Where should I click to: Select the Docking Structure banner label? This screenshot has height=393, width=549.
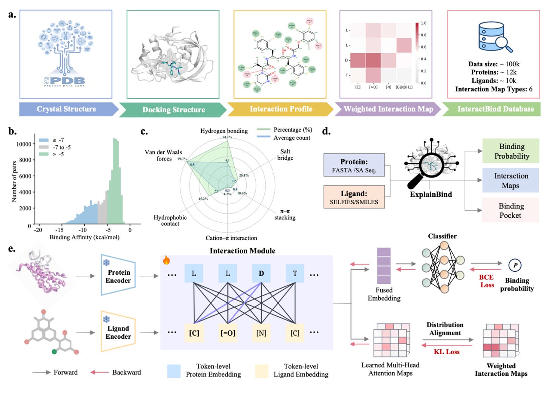173,110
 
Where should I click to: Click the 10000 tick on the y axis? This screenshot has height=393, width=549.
24,144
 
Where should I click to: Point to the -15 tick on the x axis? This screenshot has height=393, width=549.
59,229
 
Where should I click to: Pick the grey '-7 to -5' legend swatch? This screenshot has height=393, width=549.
44,147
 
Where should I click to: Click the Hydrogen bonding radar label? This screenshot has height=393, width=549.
224,131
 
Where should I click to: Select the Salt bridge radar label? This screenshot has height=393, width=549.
285,154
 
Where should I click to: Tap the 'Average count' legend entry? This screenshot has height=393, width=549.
291,138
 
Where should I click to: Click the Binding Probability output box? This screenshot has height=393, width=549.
511,151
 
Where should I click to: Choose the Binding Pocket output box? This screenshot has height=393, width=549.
510,211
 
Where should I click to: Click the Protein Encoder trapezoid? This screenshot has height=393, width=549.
118,276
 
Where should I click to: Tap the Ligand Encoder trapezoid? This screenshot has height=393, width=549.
118,332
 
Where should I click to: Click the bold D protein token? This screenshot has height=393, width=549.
261,274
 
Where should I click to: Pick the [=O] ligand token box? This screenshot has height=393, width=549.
228,333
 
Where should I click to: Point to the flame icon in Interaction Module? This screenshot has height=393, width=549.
166,260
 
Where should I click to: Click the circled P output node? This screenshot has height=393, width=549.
515,265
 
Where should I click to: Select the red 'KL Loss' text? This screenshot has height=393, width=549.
446,352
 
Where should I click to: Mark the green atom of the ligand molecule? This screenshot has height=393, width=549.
54,352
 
